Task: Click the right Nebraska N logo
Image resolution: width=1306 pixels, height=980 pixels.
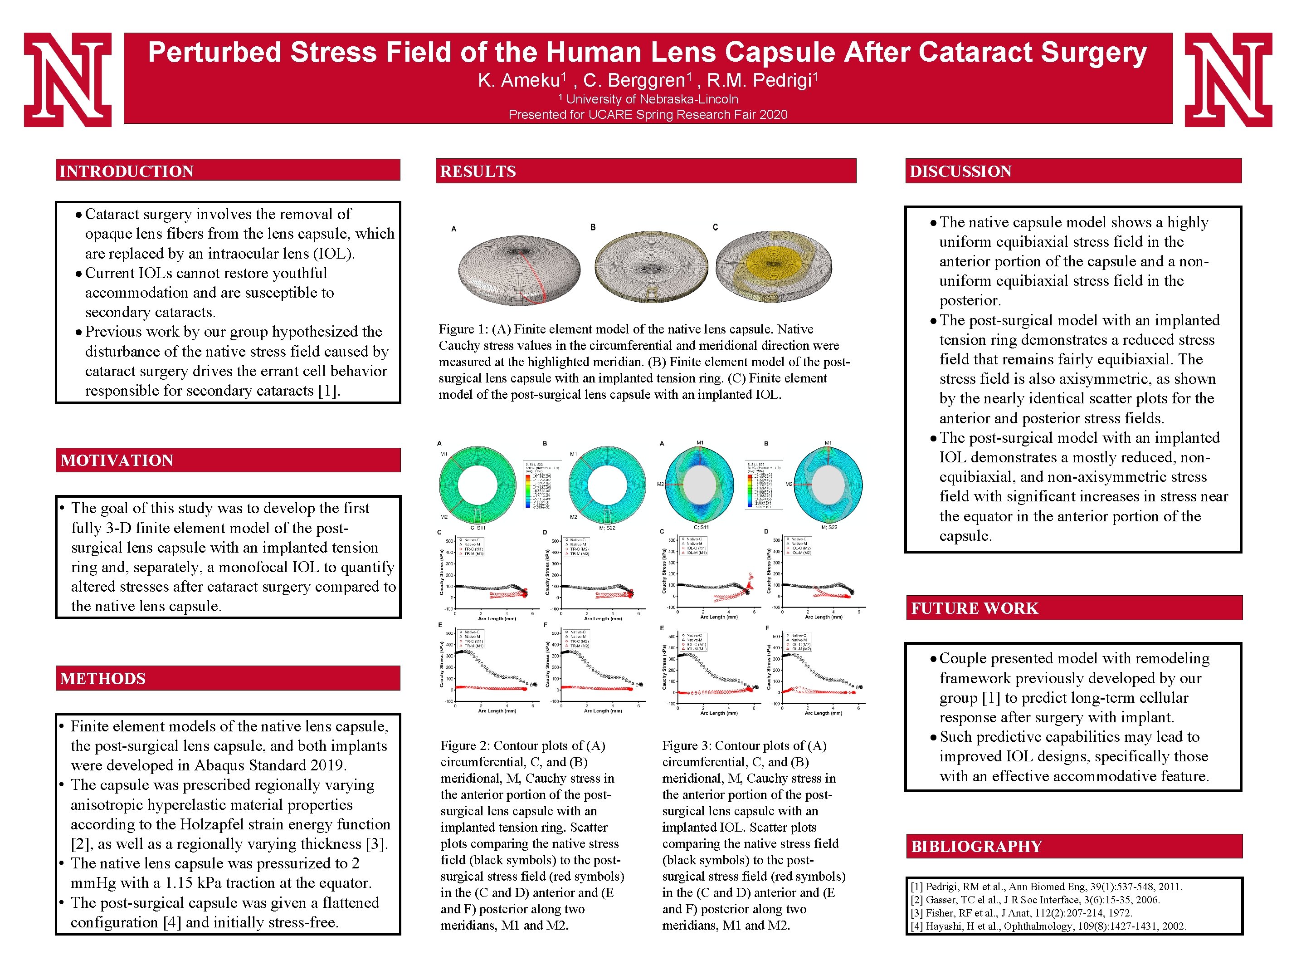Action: [1228, 80]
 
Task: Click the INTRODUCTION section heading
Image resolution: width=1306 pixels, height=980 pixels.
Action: [127, 171]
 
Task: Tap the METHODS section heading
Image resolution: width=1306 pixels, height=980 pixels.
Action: [103, 679]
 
